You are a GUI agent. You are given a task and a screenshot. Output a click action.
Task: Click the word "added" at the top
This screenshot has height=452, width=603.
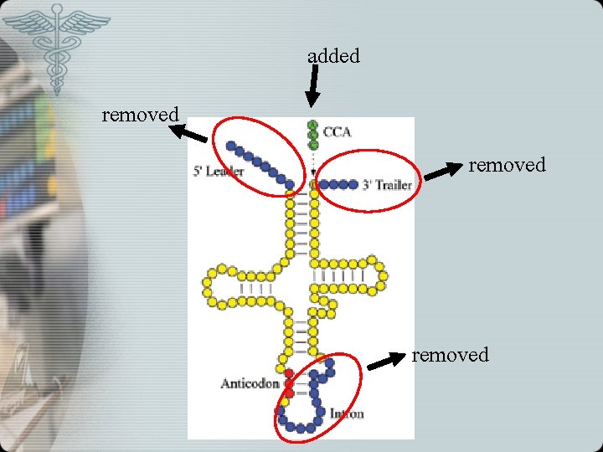[x=333, y=56]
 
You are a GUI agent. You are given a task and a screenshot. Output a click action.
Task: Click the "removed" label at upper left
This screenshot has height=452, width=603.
[x=140, y=114]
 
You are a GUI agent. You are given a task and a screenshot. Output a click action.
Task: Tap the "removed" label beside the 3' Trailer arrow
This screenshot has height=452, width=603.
[x=507, y=165]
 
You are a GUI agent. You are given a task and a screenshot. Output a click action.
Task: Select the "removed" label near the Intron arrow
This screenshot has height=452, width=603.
[x=450, y=355]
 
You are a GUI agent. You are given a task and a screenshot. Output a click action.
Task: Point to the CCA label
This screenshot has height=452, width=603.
[x=337, y=131]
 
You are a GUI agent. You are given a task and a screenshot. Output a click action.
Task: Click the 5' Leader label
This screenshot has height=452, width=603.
[x=219, y=172]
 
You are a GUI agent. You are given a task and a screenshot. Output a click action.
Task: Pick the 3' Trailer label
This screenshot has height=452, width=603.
[x=387, y=185]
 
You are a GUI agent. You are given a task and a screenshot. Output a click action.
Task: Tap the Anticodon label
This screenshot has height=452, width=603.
[x=249, y=383]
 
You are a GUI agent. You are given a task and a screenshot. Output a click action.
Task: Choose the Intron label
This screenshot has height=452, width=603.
[x=346, y=413]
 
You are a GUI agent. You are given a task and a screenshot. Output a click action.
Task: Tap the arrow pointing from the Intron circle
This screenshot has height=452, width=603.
[x=386, y=362]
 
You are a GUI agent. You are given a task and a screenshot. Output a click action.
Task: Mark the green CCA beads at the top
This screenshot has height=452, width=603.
[x=312, y=134]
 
